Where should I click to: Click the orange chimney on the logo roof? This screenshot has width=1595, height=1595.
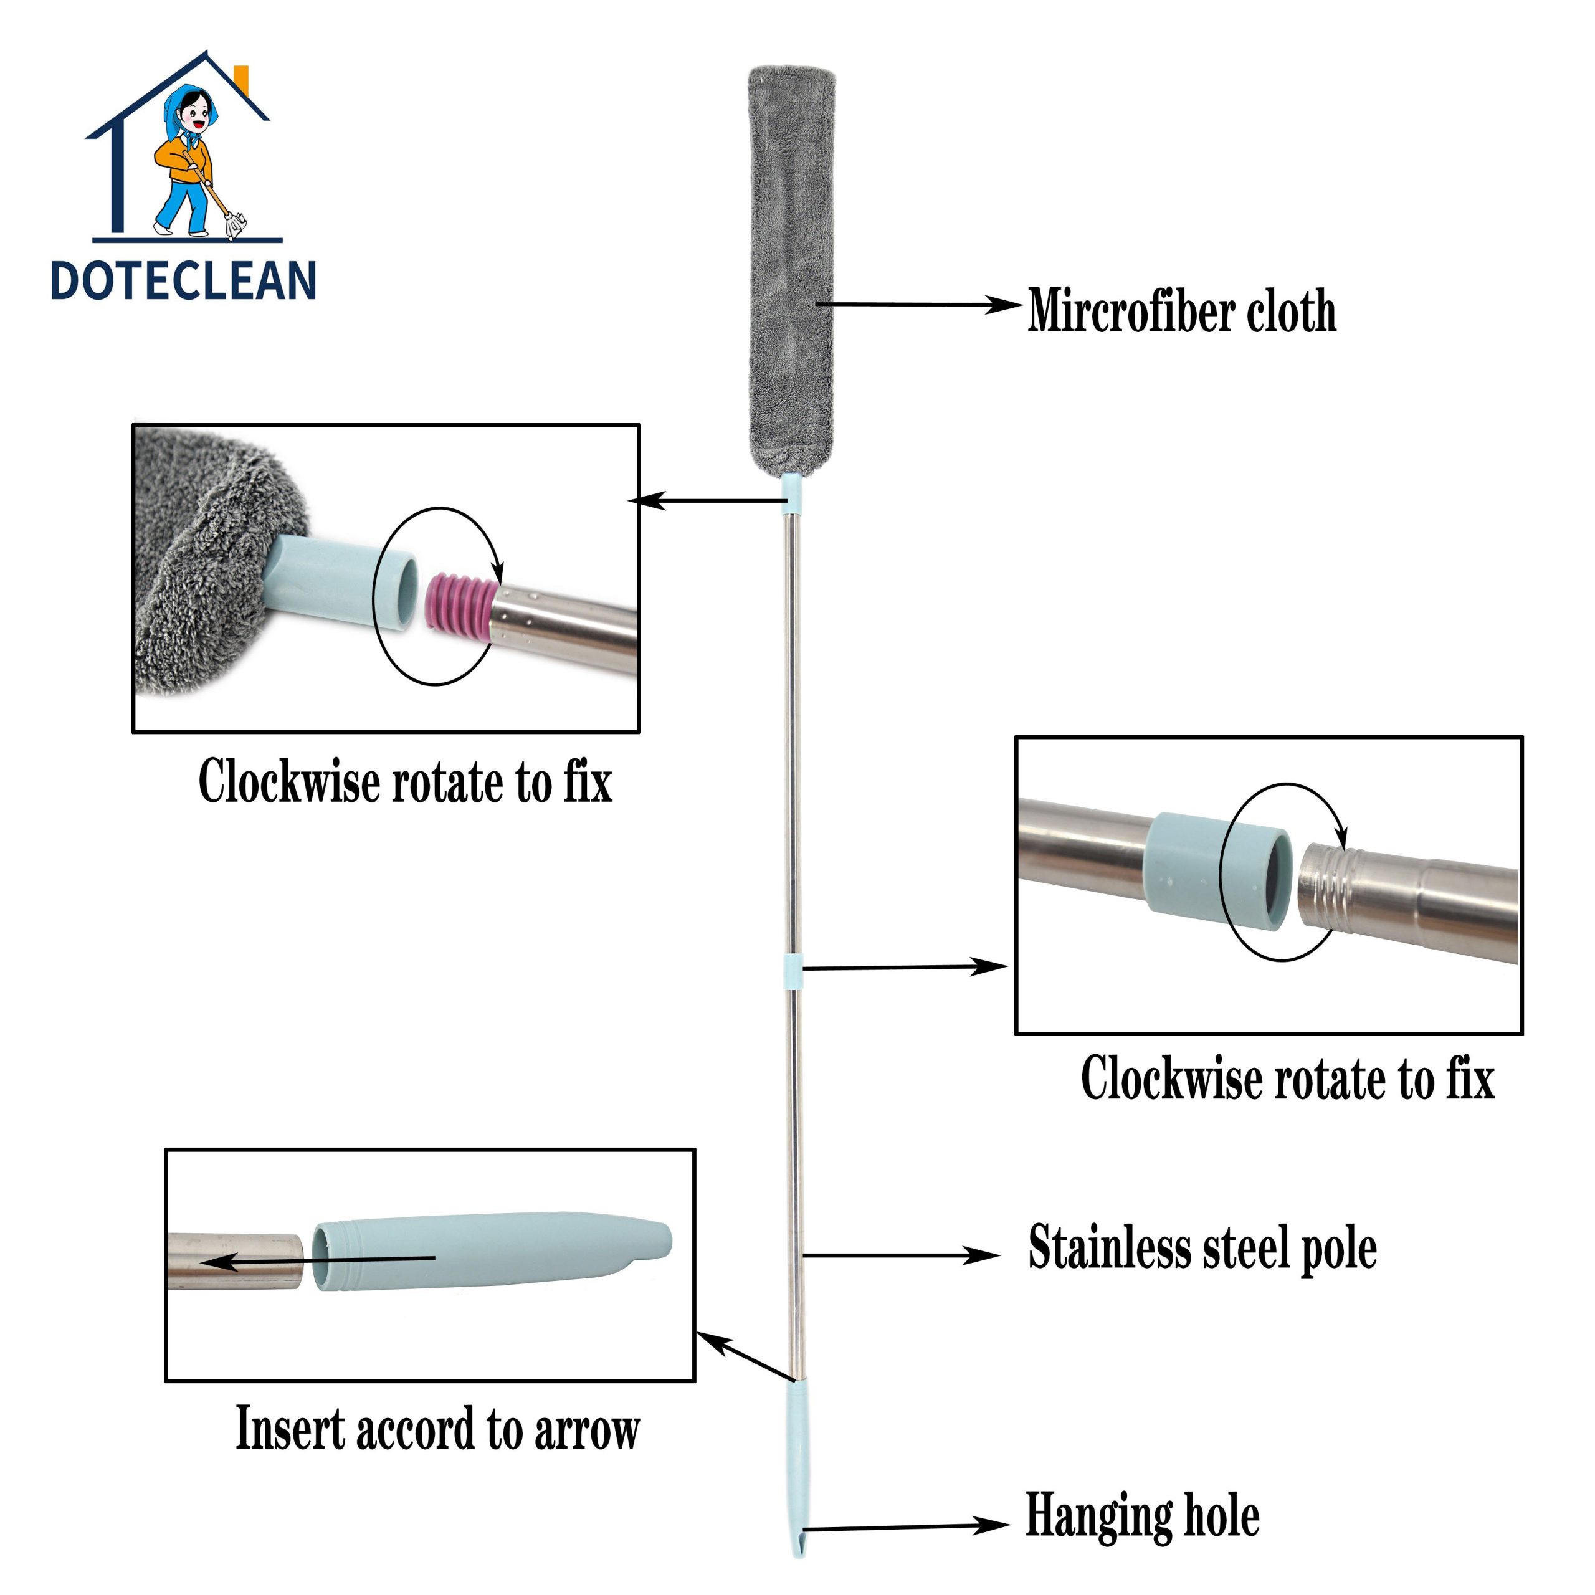242,79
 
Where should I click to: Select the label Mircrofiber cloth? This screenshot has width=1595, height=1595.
1181,312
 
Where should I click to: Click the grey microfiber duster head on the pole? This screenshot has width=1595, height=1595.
791,264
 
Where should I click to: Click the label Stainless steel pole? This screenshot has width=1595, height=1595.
1202,1247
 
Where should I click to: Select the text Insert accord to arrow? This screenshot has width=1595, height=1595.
437,1430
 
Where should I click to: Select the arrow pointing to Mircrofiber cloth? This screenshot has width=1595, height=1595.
917,305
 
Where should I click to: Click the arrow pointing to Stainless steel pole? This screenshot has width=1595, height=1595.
900,1255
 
